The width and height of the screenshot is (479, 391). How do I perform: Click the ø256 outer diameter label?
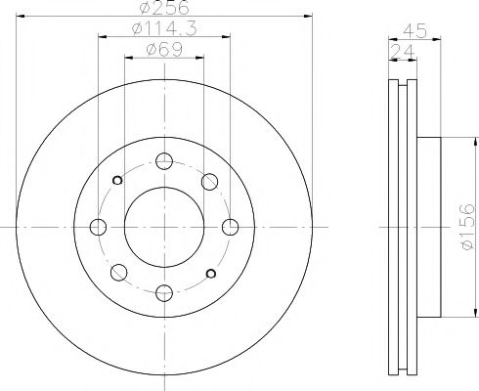pyautogui.click(x=164, y=7)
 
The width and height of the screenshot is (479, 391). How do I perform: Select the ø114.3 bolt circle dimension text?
pyautogui.click(x=164, y=28)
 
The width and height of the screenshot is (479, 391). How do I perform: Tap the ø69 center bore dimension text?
pyautogui.click(x=164, y=50)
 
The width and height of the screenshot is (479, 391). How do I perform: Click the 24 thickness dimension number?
pyautogui.click(x=403, y=51)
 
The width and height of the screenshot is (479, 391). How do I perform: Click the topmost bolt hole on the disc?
pyautogui.click(x=164, y=161)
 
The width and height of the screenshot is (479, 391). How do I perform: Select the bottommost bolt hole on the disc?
pyautogui.click(x=164, y=293)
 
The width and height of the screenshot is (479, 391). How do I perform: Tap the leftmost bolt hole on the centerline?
pyautogui.click(x=98, y=227)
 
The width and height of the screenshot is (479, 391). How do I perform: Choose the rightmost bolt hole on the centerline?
pyautogui.click(x=231, y=227)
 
